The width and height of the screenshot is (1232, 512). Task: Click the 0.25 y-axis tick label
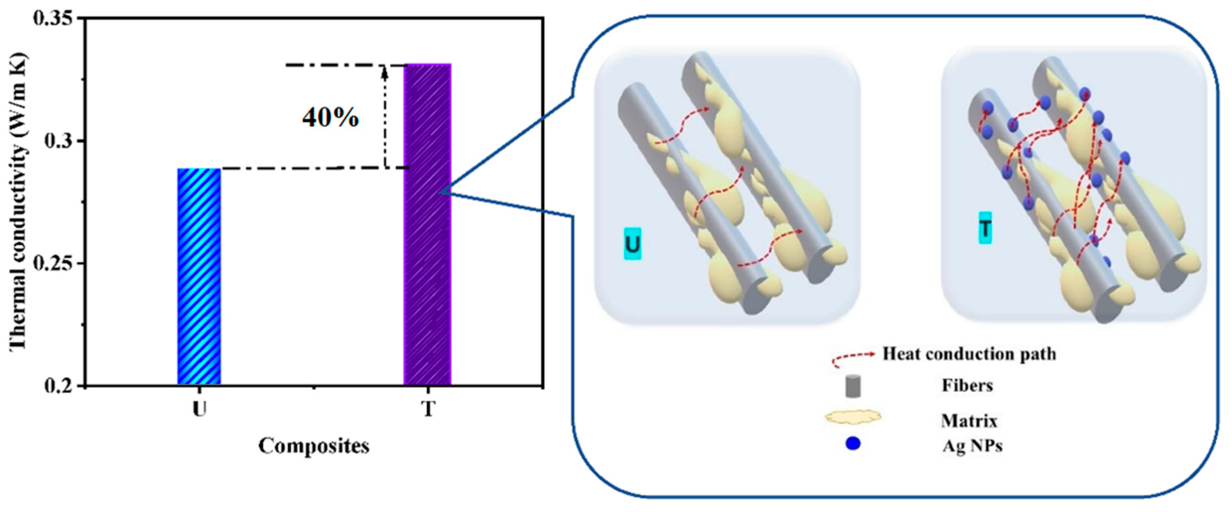pyautogui.click(x=55, y=263)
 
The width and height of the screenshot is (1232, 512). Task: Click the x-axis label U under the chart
pyautogui.click(x=199, y=409)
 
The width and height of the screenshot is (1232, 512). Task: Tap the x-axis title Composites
pyautogui.click(x=314, y=446)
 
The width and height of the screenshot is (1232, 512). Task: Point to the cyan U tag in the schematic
pyautogui.click(x=632, y=244)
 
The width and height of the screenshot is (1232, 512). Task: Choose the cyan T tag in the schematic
pyautogui.click(x=985, y=229)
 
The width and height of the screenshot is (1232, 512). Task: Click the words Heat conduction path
pyautogui.click(x=969, y=354)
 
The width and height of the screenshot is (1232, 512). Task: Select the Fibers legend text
pyautogui.click(x=967, y=385)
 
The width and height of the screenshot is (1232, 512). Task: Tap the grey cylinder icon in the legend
pyautogui.click(x=853, y=386)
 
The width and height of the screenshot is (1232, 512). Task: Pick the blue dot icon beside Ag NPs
pyautogui.click(x=853, y=444)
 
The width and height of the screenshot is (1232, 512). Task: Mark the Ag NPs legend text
pyautogui.click(x=972, y=446)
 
